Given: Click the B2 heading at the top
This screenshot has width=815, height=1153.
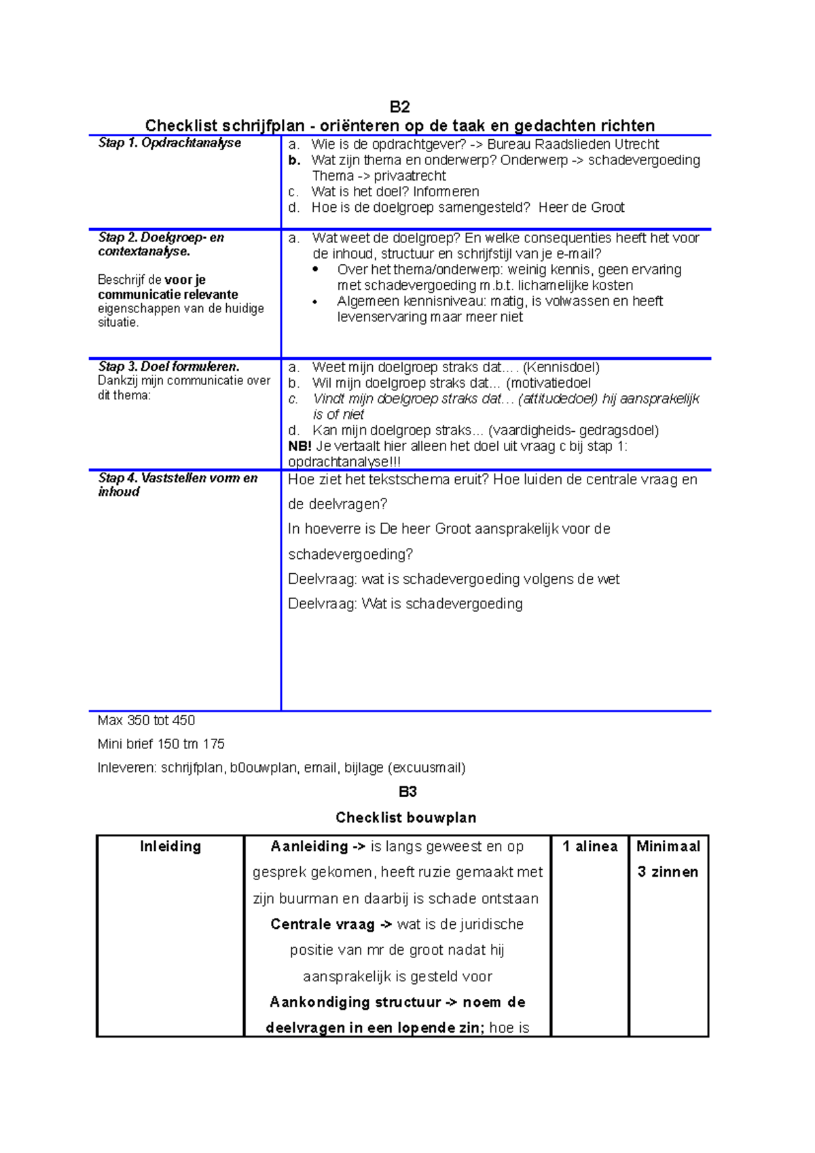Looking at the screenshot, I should pos(400,107).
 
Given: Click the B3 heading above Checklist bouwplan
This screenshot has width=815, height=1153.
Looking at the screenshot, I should pos(407,792).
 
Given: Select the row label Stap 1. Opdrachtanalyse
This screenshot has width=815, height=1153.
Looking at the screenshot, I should pos(169,143).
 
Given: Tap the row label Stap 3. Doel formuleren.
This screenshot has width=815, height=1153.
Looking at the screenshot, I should pos(168,367).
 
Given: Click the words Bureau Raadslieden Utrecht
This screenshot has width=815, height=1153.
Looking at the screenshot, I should pos(573,144).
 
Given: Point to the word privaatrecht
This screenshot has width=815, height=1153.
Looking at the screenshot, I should pos(410,176).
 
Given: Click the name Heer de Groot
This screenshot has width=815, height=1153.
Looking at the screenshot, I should pos(581,207).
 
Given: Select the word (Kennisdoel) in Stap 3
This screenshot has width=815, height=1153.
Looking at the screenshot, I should pos(561,367).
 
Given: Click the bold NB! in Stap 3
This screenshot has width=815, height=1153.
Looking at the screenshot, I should pos(300,446).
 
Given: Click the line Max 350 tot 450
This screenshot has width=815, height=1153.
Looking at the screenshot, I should pos(146,720).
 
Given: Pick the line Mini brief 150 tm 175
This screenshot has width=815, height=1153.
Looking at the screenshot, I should pos(161,744).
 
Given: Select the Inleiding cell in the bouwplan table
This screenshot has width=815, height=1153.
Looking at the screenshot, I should pos(170,846).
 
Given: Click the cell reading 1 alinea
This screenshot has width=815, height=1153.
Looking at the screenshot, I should pos(590,846).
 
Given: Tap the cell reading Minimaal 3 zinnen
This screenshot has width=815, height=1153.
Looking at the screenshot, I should pos(668,859).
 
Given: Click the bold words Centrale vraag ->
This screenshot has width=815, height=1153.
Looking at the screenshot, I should pos(331,924).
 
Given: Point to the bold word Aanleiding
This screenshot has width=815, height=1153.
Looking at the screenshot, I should pos(309,846).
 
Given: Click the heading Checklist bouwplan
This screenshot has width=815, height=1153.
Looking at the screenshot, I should pos(405,818).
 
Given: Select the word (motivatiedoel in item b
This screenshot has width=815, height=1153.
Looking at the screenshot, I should pos(548,383).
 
